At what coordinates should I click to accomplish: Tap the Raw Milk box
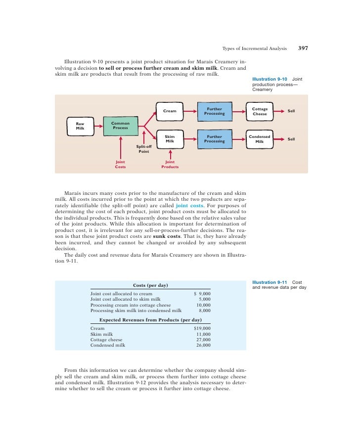tap(80, 126)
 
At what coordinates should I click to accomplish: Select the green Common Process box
tap(120, 126)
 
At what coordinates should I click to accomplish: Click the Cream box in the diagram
tap(170, 111)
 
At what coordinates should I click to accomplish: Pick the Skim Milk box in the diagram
tap(170, 138)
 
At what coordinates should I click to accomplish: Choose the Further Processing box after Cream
tap(214, 111)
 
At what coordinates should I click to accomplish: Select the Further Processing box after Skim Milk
tap(214, 138)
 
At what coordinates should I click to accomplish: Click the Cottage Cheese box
tap(260, 111)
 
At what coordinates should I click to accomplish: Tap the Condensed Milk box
tap(260, 138)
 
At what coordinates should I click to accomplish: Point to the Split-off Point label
tap(143, 149)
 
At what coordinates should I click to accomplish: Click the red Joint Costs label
tap(120, 164)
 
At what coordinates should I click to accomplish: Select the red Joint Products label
tap(170, 164)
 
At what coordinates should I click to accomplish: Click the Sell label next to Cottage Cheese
tap(291, 111)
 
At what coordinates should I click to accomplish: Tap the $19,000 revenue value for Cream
tap(202, 328)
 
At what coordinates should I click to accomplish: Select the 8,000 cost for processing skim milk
tap(204, 311)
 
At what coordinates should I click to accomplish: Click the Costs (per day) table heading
tap(150, 285)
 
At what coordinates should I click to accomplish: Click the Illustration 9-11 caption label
tap(269, 282)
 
